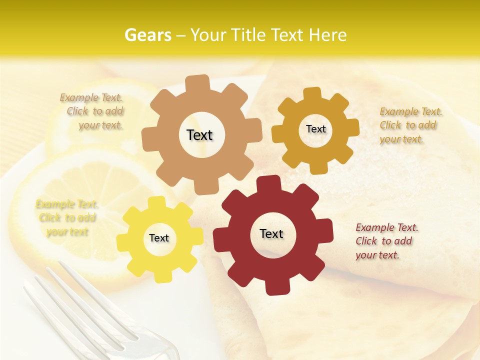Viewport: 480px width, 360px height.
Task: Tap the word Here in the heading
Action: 328,35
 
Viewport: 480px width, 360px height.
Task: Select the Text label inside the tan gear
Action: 199,135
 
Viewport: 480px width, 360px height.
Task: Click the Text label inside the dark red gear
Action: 271,233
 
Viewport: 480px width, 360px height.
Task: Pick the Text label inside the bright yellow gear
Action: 159,238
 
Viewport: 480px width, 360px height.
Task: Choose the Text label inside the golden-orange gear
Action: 315,129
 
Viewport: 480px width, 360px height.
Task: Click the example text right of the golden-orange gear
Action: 410,125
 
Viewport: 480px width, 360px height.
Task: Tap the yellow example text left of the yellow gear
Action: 67,218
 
